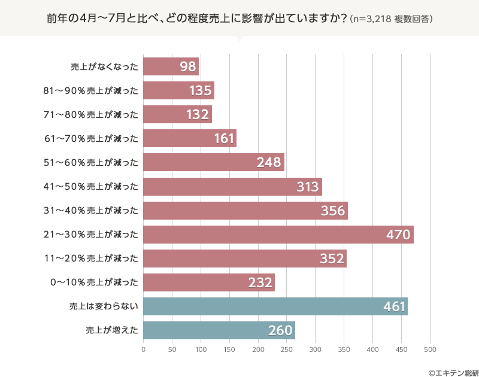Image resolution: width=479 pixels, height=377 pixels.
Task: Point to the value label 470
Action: click(x=398, y=235)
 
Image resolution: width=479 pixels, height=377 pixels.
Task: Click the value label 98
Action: click(x=188, y=66)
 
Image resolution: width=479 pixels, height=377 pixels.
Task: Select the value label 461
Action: click(x=395, y=306)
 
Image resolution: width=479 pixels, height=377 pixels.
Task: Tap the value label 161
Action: click(x=224, y=139)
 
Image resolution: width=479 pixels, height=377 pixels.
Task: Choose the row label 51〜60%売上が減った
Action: click(x=91, y=163)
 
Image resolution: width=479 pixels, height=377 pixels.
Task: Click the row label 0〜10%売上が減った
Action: click(x=91, y=282)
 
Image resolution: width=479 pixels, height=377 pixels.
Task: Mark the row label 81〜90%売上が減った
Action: click(x=91, y=91)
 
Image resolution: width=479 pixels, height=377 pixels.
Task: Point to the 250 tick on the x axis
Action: click(x=287, y=349)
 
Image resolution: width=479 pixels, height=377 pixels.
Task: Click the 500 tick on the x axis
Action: click(x=430, y=349)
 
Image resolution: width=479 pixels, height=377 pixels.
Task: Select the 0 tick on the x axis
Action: click(x=144, y=349)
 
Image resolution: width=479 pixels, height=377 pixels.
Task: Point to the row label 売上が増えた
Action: click(x=112, y=330)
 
